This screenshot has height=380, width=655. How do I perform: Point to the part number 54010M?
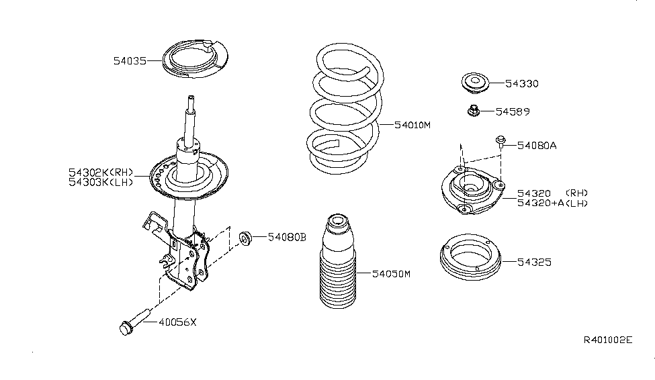412,125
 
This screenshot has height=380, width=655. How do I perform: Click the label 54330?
522,84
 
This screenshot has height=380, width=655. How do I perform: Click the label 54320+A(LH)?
552,203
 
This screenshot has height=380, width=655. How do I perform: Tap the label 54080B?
287,236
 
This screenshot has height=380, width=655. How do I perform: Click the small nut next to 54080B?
246,236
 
